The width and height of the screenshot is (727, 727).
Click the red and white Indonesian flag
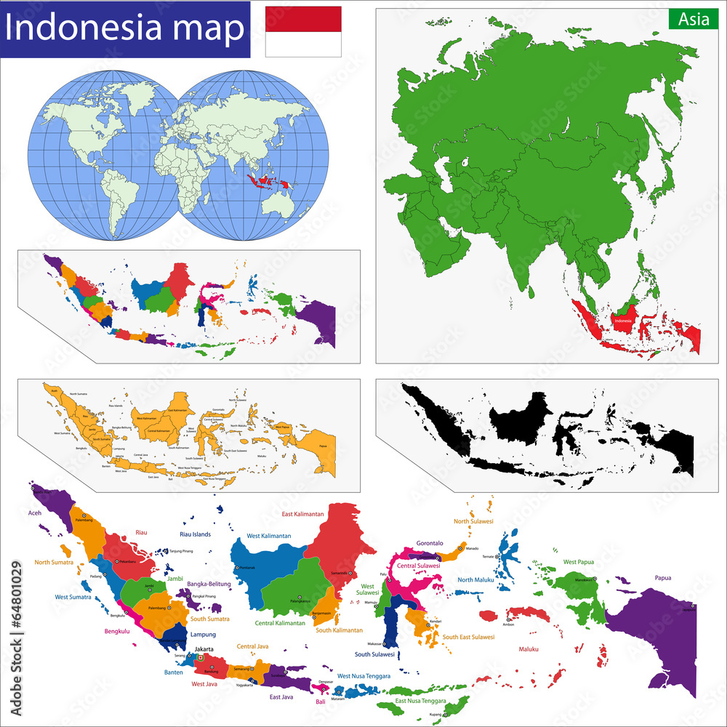tap(303, 31)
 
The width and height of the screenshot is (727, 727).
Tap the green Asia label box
tap(694, 19)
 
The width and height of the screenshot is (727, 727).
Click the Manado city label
tap(473, 548)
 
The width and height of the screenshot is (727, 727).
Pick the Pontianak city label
tap(248, 568)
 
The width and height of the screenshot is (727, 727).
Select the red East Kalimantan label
tap(302, 514)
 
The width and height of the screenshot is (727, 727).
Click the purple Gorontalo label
tap(430, 543)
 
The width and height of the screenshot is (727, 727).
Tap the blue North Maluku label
tap(475, 579)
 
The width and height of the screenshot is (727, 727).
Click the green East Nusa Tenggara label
tap(420, 701)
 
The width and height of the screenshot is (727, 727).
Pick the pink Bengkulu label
tap(112, 631)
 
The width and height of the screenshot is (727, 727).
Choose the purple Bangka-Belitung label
tap(208, 584)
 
